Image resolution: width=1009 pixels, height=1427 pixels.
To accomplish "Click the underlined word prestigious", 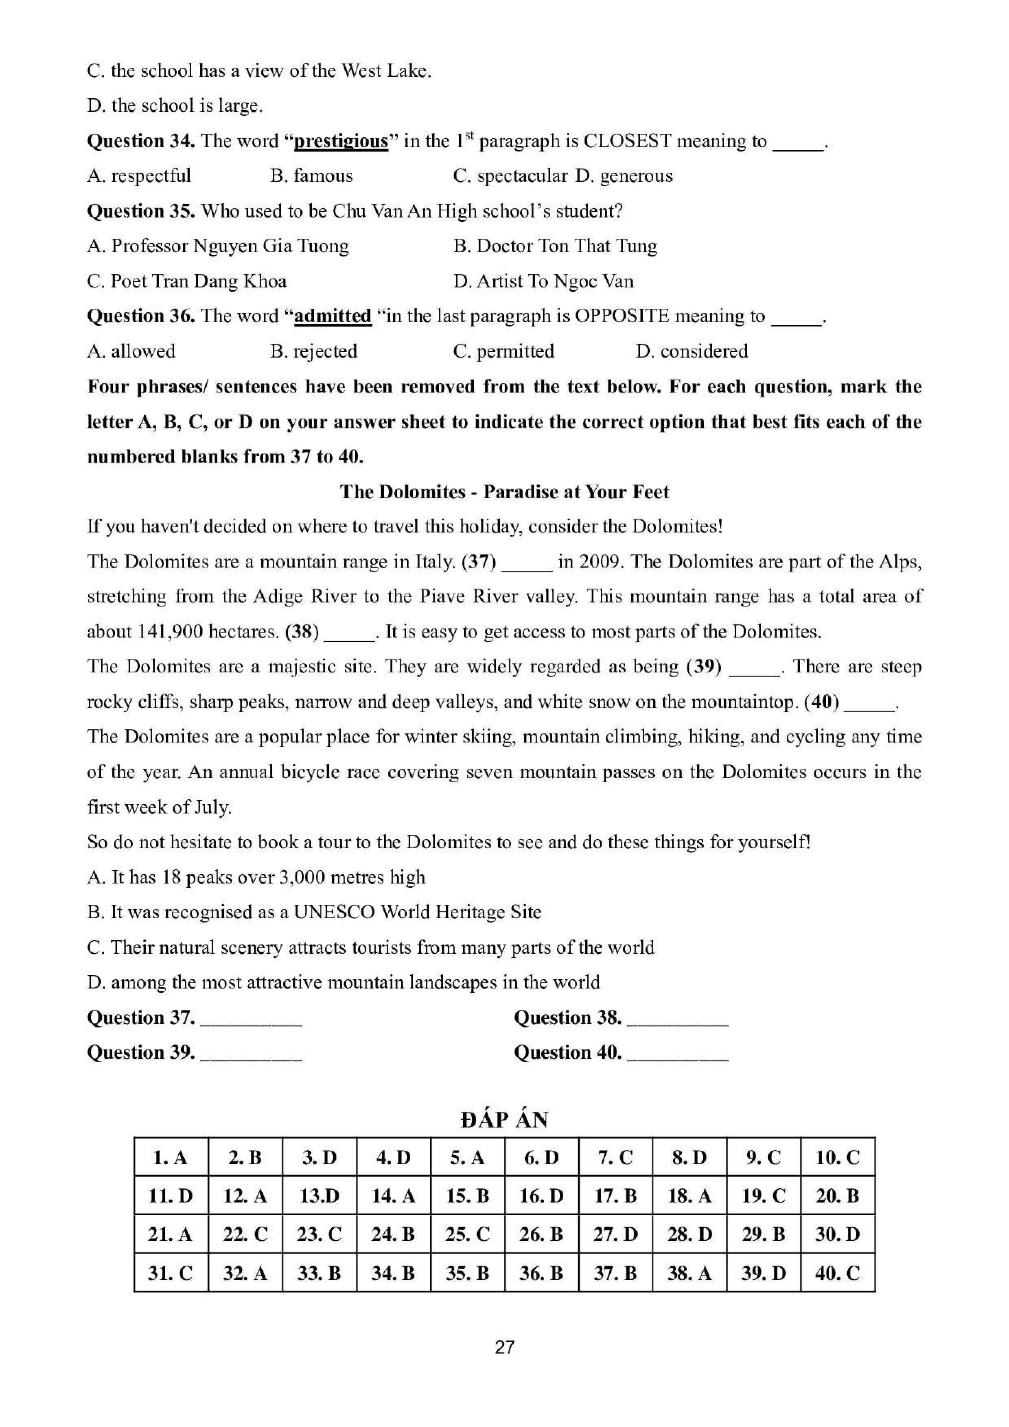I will pos(341,141).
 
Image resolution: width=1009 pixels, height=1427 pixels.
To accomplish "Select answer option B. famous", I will pos(311,176).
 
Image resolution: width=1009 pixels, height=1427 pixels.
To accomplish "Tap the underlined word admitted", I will pos(333,316).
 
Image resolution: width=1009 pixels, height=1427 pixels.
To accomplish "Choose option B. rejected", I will pos(314,351).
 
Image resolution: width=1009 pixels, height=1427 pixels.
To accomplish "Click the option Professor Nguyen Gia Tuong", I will pos(218,246).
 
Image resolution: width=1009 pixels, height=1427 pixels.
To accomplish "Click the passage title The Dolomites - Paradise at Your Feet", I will pos(504,492).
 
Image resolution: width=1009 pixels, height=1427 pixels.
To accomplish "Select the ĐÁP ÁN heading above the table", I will pos(504,1120).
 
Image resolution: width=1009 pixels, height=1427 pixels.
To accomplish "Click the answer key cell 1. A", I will pos(171,1157).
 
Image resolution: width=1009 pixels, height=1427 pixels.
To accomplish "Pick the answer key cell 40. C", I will pos(837,1274).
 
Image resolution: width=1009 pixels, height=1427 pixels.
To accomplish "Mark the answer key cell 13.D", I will pos(319,1196).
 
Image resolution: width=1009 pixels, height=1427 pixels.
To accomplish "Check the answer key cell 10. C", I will pos(837,1157).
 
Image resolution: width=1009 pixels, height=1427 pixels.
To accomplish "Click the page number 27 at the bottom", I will pos(504,1347).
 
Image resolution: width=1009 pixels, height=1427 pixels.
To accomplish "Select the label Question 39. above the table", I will pos(140,1052).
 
